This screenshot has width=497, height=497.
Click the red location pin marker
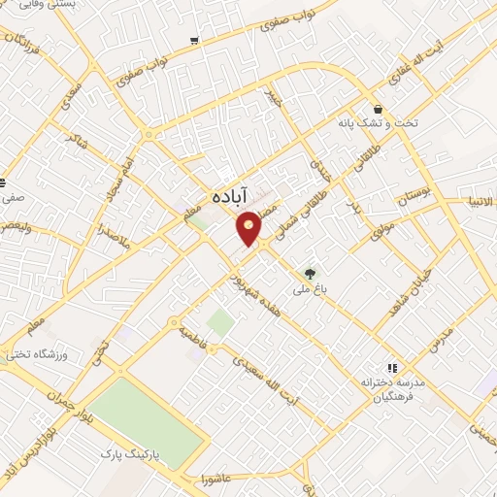249,227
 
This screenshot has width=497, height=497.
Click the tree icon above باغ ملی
311,274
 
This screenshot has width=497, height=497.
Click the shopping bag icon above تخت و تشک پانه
377,109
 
